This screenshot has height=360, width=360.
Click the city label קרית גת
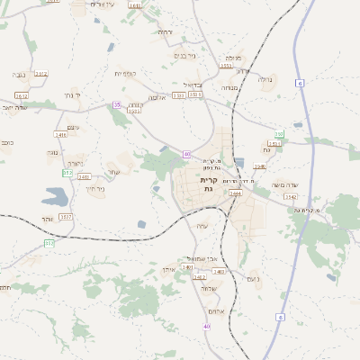coord(208,184)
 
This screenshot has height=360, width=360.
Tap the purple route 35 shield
coord(117,105)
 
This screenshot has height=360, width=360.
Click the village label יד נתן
coord(73,94)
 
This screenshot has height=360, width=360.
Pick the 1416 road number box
coord(61,135)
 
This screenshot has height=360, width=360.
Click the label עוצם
coord(73,127)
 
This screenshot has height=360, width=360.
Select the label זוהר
coord(47,219)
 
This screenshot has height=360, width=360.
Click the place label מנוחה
coord(229,88)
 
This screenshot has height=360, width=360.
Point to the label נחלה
coord(265,79)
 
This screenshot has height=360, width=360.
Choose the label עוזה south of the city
coord(201,226)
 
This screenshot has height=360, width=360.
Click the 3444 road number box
coord(235,193)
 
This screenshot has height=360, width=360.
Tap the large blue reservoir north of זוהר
coord(54,196)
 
